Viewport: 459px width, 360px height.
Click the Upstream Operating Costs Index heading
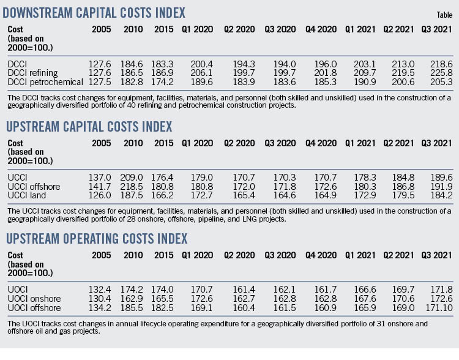pos(97,238)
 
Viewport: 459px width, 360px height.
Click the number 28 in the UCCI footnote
pos(138,219)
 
